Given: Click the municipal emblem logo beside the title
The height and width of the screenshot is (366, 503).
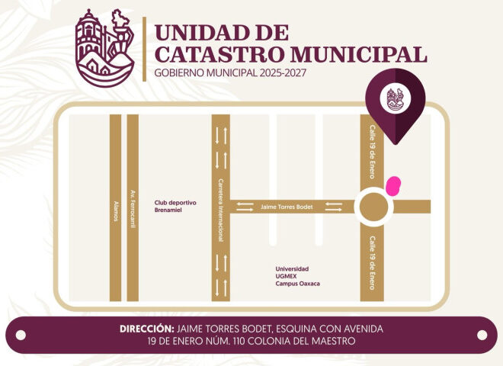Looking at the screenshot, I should click(107, 48).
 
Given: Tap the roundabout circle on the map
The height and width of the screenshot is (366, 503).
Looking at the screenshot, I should click(373, 207).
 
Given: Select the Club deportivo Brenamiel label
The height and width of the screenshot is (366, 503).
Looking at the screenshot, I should click(175, 206).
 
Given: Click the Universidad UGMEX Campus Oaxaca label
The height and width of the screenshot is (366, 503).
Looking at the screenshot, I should click(298, 276).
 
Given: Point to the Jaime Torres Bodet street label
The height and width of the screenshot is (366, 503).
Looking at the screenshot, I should click(287, 207).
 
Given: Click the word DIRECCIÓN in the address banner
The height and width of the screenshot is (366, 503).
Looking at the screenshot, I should click(148, 329).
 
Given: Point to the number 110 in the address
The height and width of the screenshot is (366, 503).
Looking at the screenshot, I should click(253, 341).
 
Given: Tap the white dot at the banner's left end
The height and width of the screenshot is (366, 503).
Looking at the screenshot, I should click(21, 335).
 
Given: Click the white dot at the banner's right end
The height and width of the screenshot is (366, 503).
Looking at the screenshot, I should click(482, 335).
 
